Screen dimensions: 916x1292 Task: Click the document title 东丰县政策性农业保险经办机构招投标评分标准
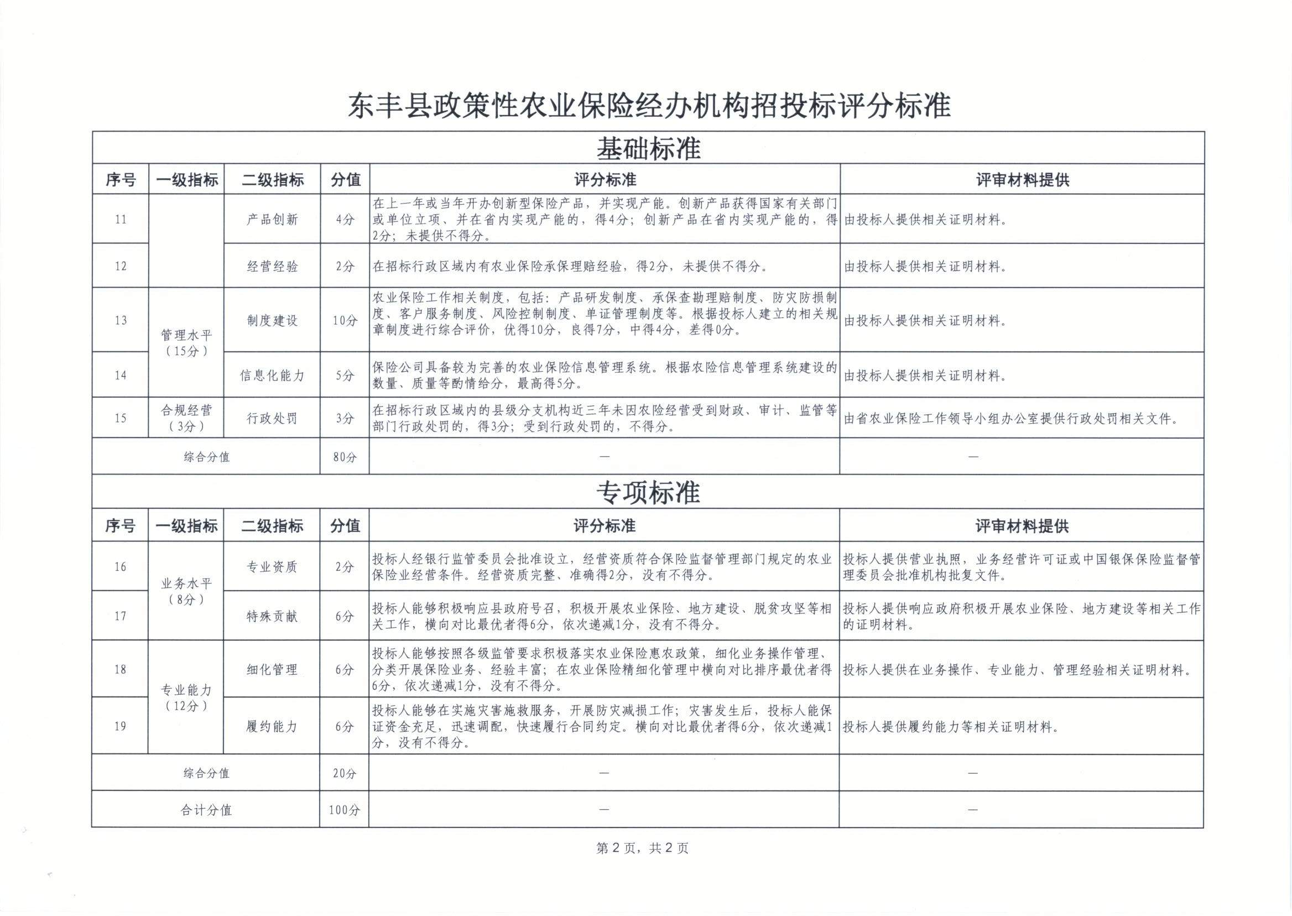(649, 106)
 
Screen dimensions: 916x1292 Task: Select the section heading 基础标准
(649, 149)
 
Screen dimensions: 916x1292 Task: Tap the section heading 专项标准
(648, 492)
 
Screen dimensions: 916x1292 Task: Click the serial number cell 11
(121, 220)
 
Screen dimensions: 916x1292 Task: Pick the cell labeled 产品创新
(272, 220)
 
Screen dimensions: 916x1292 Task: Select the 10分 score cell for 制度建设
(345, 320)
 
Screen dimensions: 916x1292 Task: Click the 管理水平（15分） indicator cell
(186, 342)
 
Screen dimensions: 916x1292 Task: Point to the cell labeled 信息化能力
(272, 375)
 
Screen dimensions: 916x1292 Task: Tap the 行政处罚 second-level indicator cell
(272, 418)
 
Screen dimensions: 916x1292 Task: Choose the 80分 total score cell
(345, 457)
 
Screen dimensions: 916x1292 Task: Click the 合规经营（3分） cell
(186, 418)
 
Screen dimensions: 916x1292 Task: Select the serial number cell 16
(120, 566)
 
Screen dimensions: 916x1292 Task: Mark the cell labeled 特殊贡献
(271, 616)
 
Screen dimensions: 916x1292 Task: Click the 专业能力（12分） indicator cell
(185, 697)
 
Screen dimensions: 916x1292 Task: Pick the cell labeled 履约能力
(271, 726)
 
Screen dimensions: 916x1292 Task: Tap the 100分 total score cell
(344, 810)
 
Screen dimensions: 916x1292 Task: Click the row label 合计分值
(206, 810)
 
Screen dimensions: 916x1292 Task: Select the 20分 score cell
(344, 773)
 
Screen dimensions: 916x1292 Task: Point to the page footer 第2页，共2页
(642, 849)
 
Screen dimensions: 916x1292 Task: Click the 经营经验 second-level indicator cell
(272, 266)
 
